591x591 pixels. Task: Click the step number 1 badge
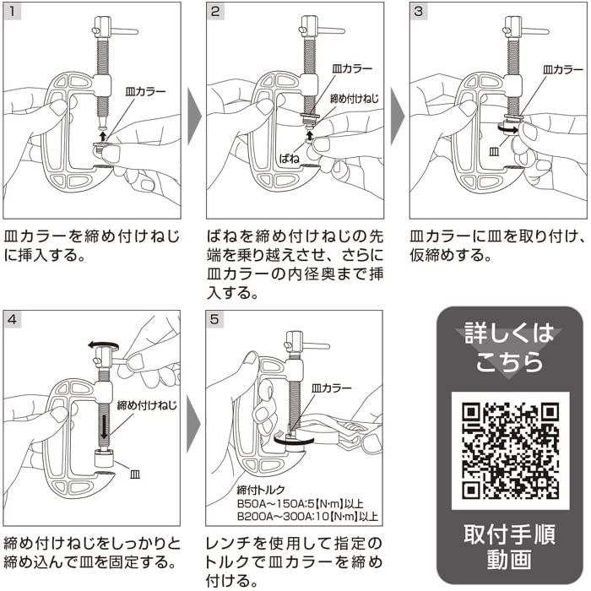(12, 11)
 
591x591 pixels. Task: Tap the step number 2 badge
(215, 11)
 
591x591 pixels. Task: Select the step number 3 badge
(419, 11)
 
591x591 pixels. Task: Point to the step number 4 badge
(12, 319)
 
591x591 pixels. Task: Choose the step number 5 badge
(214, 319)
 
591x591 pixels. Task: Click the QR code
(510, 451)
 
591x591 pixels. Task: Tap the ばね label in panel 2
(289, 159)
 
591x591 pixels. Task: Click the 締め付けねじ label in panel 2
(354, 99)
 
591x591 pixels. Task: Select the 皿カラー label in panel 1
(145, 91)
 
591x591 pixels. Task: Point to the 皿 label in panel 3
(494, 152)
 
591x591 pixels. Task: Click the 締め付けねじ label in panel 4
(147, 405)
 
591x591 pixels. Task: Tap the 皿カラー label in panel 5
(331, 388)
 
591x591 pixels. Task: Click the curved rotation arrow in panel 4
(104, 344)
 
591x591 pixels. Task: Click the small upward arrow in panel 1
(102, 136)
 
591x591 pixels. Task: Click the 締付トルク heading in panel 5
(261, 490)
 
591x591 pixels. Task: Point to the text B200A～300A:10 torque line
(307, 516)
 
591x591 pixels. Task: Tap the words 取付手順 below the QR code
(510, 534)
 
